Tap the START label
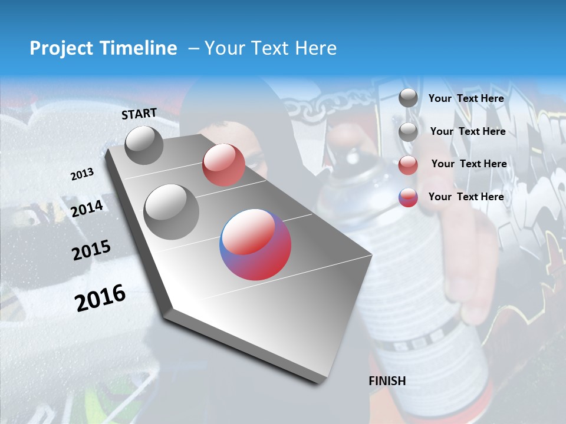pyautogui.click(x=139, y=114)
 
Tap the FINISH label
pyautogui.click(x=387, y=381)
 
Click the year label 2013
pyautogui.click(x=82, y=174)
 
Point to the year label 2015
pyautogui.click(x=91, y=251)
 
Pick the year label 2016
pyautogui.click(x=100, y=298)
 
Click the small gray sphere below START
pyautogui.click(x=144, y=145)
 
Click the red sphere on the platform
pyautogui.click(x=223, y=165)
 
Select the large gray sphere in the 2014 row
pyautogui.click(x=172, y=211)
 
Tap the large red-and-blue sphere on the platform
pyautogui.click(x=255, y=244)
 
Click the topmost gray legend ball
pyautogui.click(x=408, y=98)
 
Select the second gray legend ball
pyautogui.click(x=408, y=132)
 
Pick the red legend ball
pyautogui.click(x=408, y=165)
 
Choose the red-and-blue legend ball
pyautogui.click(x=408, y=197)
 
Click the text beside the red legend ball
pyautogui.click(x=469, y=164)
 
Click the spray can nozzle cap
pyautogui.click(x=353, y=158)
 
